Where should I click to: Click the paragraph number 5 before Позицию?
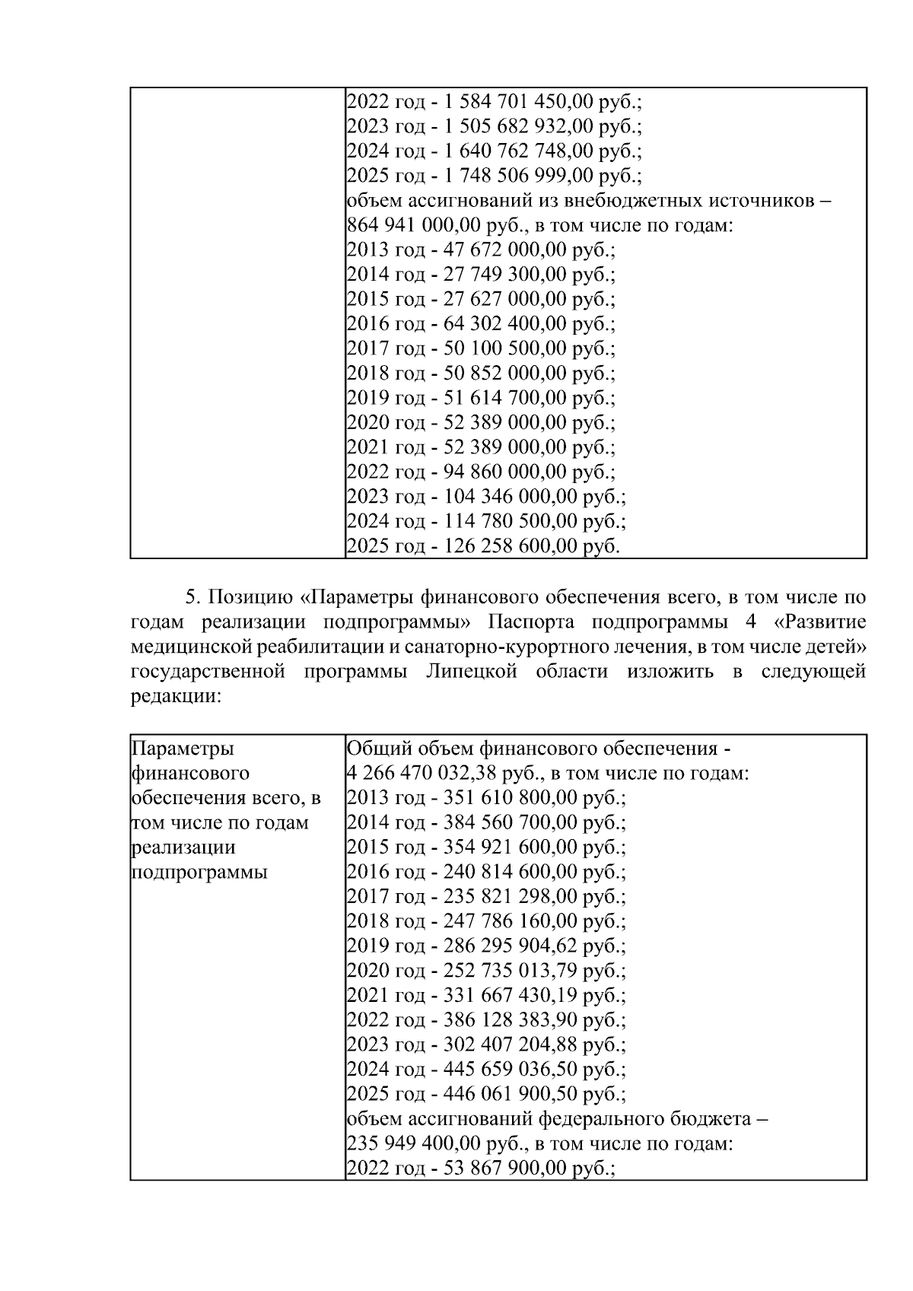point(192,597)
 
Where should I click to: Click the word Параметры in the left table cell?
point(183,749)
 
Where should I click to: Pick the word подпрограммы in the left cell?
point(199,872)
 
